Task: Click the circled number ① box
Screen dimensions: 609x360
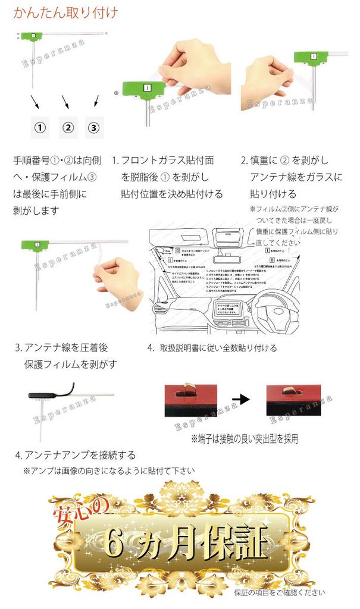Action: [39, 127]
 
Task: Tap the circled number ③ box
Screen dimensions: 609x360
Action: [94, 127]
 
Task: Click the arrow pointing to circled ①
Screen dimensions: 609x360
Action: [35, 102]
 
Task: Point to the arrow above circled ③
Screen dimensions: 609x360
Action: [93, 102]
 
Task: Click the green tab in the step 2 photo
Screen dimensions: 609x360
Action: [309, 58]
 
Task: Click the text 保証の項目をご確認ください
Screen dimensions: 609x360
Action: [279, 592]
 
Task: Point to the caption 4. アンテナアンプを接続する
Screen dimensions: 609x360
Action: [75, 455]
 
